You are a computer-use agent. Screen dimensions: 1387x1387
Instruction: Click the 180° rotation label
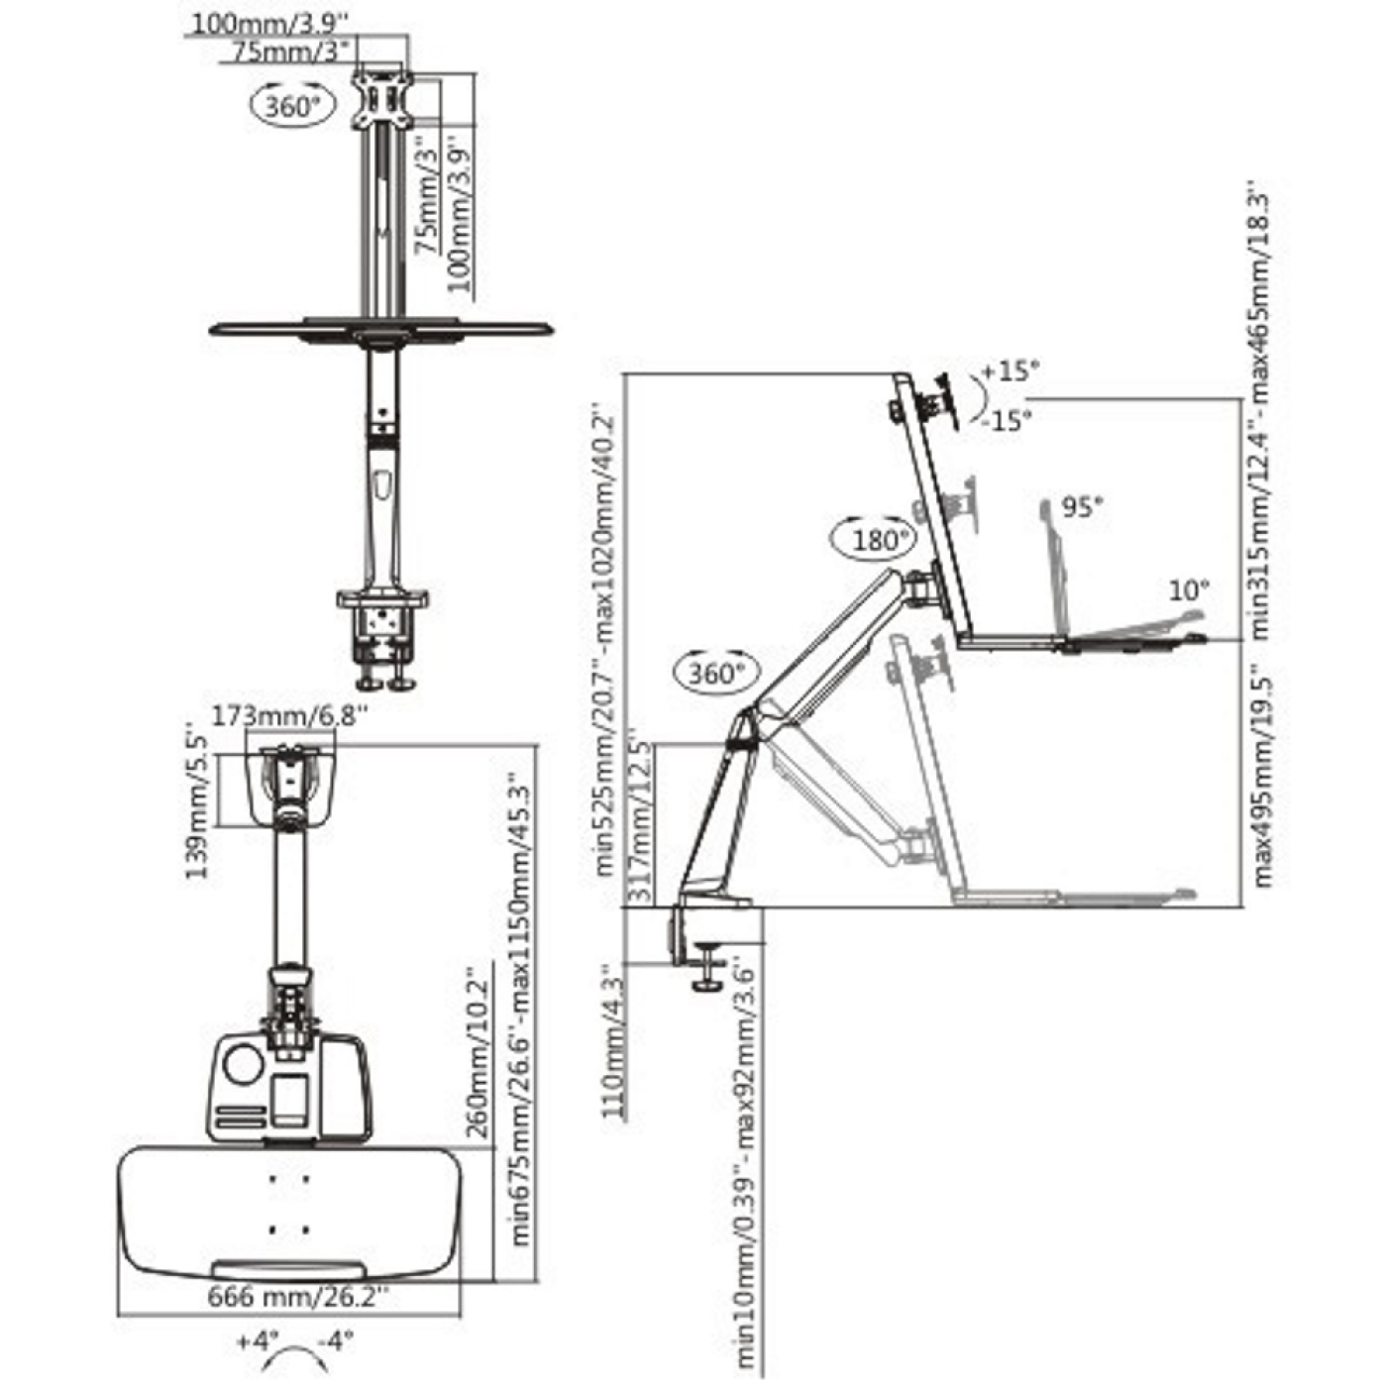(880, 540)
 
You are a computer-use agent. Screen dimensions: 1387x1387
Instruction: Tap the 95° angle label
(1082, 507)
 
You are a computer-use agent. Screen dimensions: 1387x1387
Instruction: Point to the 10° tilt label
(1189, 590)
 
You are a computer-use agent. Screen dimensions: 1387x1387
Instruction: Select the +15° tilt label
(1011, 372)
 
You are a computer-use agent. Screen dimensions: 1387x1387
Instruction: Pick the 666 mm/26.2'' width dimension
(298, 1296)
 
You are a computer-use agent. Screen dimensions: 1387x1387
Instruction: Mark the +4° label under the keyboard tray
(259, 1342)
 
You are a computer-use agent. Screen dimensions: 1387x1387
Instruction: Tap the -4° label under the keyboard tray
(336, 1342)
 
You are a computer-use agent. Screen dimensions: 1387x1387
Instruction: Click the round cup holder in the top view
(244, 1064)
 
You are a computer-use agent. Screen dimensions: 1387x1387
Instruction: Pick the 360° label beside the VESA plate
(293, 105)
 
